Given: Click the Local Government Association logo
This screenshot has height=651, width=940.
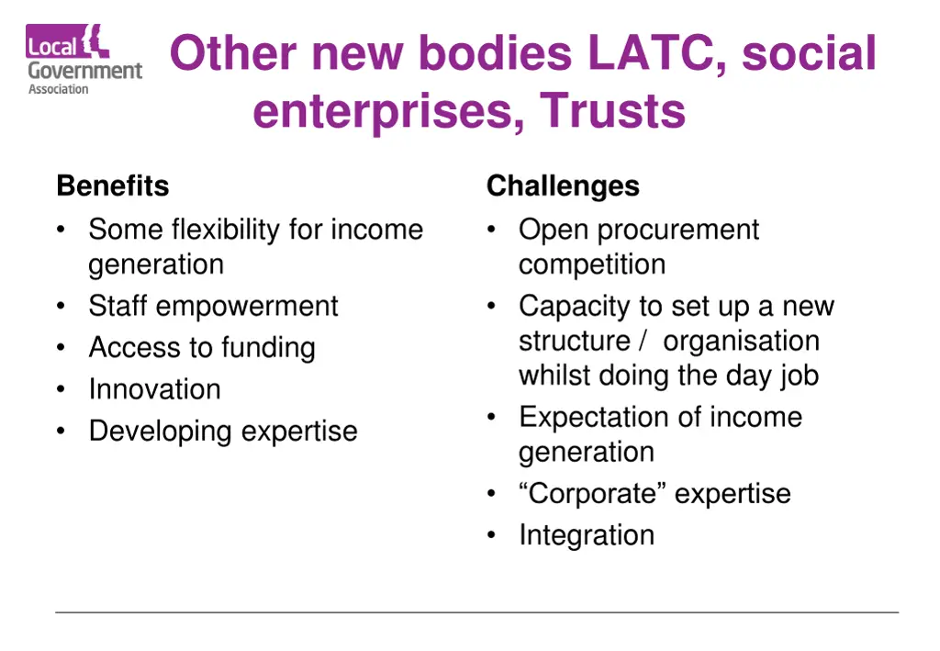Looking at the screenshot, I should pyautogui.click(x=84, y=60).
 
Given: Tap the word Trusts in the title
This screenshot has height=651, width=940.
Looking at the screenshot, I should pyautogui.click(x=612, y=112).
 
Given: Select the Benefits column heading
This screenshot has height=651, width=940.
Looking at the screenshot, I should pyautogui.click(x=113, y=186).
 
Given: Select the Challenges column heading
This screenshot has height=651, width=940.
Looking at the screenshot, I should pyautogui.click(x=563, y=186).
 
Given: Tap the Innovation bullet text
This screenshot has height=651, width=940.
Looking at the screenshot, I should pyautogui.click(x=154, y=389).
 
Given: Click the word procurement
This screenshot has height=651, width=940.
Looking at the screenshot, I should pyautogui.click(x=678, y=230).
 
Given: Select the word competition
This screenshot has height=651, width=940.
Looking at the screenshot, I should pyautogui.click(x=592, y=264).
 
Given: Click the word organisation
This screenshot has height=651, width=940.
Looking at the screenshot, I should pyautogui.click(x=741, y=341).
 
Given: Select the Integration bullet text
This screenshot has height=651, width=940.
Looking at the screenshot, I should pyautogui.click(x=587, y=535).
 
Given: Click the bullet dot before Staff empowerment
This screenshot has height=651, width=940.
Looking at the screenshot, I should pyautogui.click(x=61, y=307).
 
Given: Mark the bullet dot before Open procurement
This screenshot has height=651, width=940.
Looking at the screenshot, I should pyautogui.click(x=492, y=230).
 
